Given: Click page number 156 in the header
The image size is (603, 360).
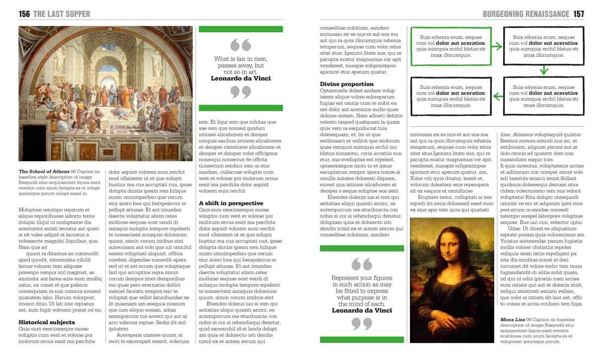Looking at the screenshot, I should (x=24, y=14).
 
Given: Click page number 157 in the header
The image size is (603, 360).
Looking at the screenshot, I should (x=578, y=14).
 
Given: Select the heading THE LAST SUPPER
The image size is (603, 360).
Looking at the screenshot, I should (x=62, y=14).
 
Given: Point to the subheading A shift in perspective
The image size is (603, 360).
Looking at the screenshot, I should (x=231, y=203).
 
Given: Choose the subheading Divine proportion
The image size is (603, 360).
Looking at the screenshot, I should (x=346, y=84).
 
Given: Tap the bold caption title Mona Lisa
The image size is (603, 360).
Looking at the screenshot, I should (x=513, y=319).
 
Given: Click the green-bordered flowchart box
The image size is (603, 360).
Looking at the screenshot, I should (x=451, y=46).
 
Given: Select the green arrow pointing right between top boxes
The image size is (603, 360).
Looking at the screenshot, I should (x=496, y=47).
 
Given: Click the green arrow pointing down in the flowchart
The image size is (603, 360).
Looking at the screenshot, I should (x=543, y=71).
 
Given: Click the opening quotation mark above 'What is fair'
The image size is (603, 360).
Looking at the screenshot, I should (x=241, y=45).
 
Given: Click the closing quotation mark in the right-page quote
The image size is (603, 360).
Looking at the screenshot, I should (x=361, y=324).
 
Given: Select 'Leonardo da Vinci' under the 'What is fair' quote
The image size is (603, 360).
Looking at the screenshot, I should (x=241, y=78).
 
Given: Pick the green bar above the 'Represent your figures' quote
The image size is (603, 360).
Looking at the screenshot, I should (x=362, y=248).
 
